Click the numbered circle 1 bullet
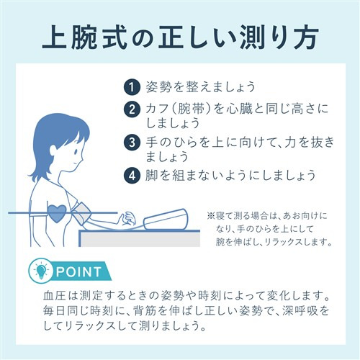(x=132, y=86)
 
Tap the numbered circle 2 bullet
(x=132, y=109)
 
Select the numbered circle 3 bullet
(x=132, y=143)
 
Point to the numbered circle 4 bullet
(x=132, y=175)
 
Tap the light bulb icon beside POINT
(x=41, y=271)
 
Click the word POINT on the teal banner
(x=78, y=272)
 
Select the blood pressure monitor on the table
(x=166, y=219)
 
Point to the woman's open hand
(x=128, y=218)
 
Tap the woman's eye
(x=75, y=151)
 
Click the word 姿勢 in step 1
(x=159, y=86)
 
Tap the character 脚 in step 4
(x=152, y=175)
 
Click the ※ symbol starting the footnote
(x=211, y=216)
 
